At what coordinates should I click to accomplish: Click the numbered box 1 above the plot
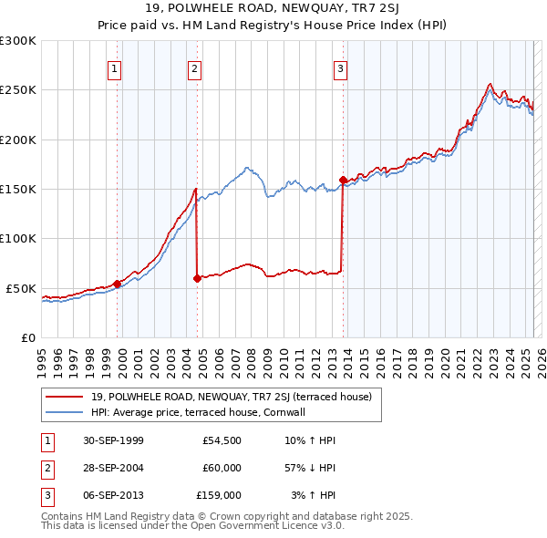115,67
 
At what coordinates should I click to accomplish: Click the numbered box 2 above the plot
195,67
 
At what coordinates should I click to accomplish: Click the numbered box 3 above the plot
340,67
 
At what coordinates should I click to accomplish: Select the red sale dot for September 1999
118,284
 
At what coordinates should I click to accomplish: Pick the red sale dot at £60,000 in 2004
197,278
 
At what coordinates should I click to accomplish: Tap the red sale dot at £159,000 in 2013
342,181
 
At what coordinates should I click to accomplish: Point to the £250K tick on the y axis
18,90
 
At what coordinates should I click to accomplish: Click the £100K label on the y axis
18,238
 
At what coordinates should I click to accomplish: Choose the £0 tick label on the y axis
27,337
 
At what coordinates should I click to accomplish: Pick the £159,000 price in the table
219,495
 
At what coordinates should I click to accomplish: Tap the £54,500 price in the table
222,440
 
